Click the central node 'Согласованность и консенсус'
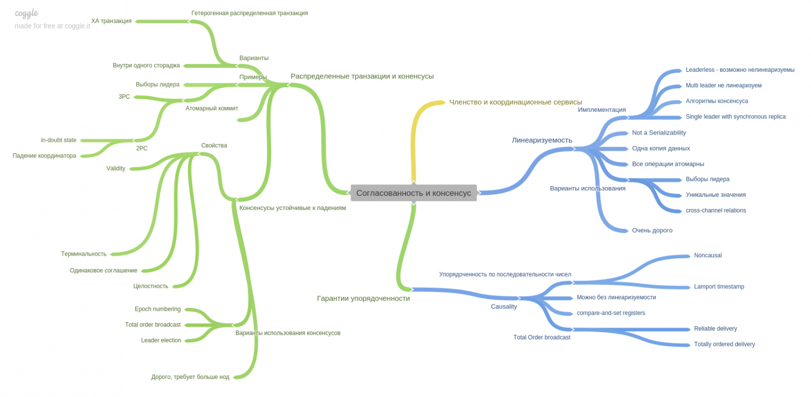(x=413, y=193)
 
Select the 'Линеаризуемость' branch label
(x=542, y=140)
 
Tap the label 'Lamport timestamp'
(x=719, y=286)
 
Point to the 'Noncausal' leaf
(x=708, y=255)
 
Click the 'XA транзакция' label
(x=111, y=21)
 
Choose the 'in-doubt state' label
(x=59, y=140)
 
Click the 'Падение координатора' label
(x=44, y=155)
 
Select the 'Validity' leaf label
(x=116, y=168)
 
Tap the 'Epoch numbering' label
(x=158, y=309)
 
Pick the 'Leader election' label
(x=161, y=340)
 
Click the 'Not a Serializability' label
(x=659, y=133)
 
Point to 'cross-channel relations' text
(x=715, y=210)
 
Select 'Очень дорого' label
(x=652, y=230)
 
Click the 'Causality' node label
(x=504, y=307)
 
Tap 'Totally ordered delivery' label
(x=724, y=344)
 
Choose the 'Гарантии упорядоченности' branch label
(x=363, y=298)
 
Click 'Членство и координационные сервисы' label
(x=515, y=102)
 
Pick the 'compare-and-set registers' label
(x=611, y=313)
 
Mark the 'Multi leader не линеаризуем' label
(x=723, y=85)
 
